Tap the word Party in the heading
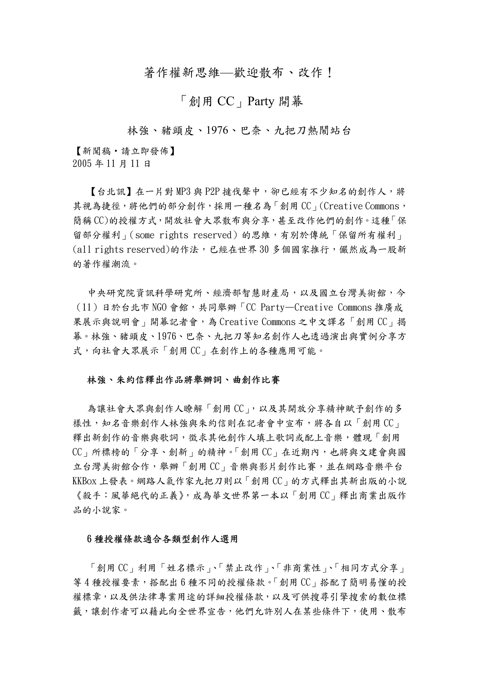(x=261, y=101)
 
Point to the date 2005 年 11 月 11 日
(x=112, y=164)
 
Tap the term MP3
(x=184, y=192)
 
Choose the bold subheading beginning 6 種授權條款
(x=162, y=539)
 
